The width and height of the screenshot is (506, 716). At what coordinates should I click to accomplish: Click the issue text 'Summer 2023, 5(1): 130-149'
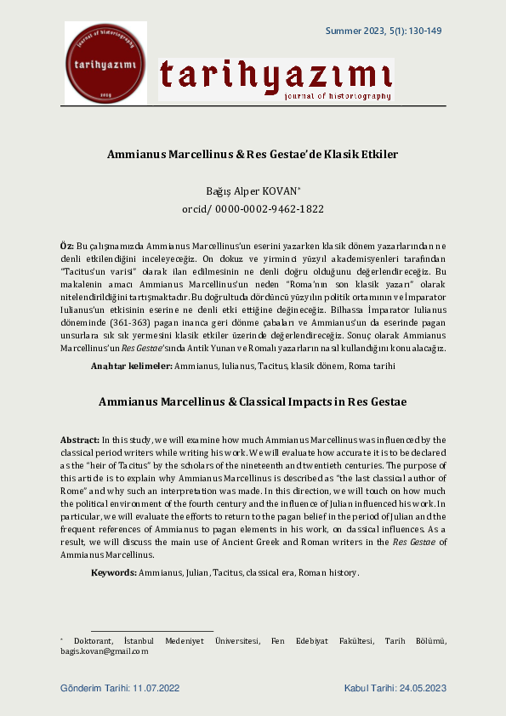tap(384, 31)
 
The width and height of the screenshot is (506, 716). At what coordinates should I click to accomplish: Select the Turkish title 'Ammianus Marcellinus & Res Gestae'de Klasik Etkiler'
tap(253, 155)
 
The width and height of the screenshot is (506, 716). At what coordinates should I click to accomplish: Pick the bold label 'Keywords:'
tap(114, 572)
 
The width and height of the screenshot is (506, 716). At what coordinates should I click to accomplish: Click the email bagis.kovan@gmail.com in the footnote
tap(104, 651)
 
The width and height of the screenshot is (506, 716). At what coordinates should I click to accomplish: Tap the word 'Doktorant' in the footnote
tap(92, 640)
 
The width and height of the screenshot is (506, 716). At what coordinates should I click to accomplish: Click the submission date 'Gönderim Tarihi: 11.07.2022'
tap(120, 687)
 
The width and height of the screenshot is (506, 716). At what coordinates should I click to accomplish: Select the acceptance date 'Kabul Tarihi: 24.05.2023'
tap(395, 687)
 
